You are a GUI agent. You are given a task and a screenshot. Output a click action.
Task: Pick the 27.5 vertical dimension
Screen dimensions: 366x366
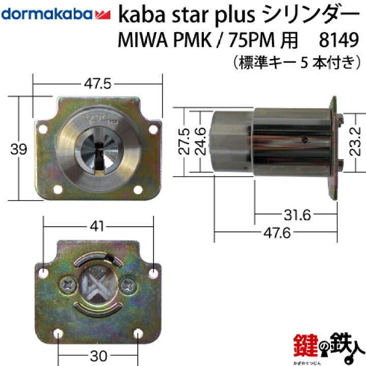pyautogui.click(x=186, y=141)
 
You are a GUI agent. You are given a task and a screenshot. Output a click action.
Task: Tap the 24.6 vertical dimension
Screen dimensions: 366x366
pyautogui.click(x=202, y=141)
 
